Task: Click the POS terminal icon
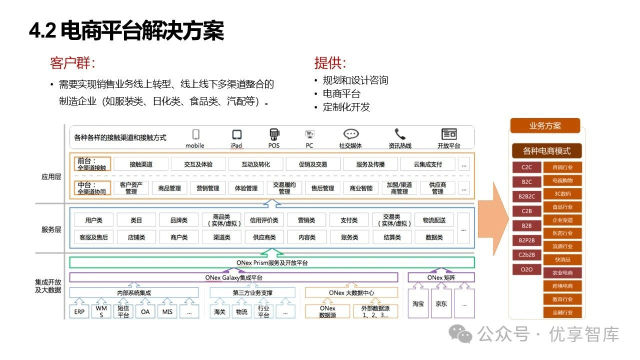pos(274,134)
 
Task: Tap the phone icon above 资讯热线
pos(400,134)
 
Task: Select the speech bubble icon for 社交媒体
pos(351,134)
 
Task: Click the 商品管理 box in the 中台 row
pos(169,188)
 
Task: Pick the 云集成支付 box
pos(427,164)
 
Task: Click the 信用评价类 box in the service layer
pos(264,220)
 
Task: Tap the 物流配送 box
pos(434,220)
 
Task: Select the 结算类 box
pos(392,237)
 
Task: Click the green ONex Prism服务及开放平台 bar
pos(272,262)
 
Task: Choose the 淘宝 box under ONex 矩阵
pos(418,303)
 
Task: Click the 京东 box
pos(441,303)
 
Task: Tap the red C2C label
pos(526,167)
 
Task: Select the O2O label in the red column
pos(526,269)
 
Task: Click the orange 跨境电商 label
pos(562,286)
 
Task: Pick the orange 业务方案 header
pos(545,126)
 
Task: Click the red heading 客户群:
pos(72,63)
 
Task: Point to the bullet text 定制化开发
pos(346,107)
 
